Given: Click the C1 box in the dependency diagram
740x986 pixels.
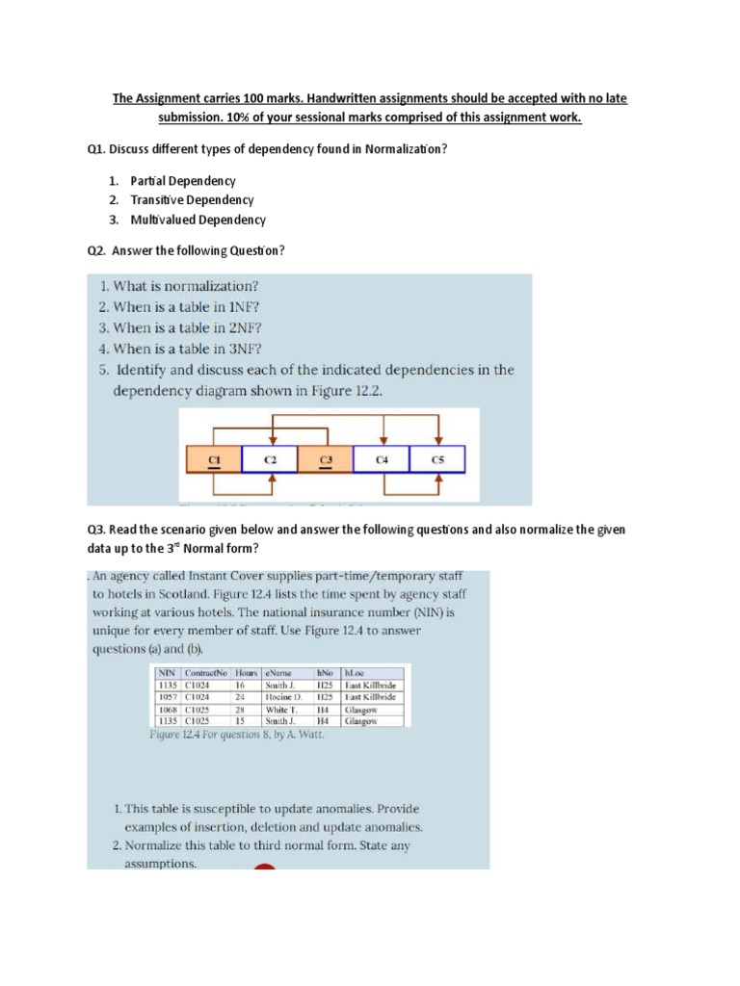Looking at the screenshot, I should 213,460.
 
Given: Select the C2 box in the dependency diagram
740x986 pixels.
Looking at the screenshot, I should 270,460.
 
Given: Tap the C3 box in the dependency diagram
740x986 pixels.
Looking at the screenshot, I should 326,460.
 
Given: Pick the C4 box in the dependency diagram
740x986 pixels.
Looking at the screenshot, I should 382,460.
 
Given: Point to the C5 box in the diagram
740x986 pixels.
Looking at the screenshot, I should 437,460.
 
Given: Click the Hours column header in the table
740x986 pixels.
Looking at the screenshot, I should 233,673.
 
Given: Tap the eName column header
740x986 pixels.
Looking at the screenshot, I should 277,673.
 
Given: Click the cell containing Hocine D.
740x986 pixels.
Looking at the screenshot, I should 283,696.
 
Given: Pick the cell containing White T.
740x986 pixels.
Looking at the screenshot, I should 280,709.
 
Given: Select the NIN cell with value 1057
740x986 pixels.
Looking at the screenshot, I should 167,696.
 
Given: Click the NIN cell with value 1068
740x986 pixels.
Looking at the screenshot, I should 167,709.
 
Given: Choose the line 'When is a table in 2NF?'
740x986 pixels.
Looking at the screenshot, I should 179,327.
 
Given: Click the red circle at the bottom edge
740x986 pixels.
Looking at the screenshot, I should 264,868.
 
